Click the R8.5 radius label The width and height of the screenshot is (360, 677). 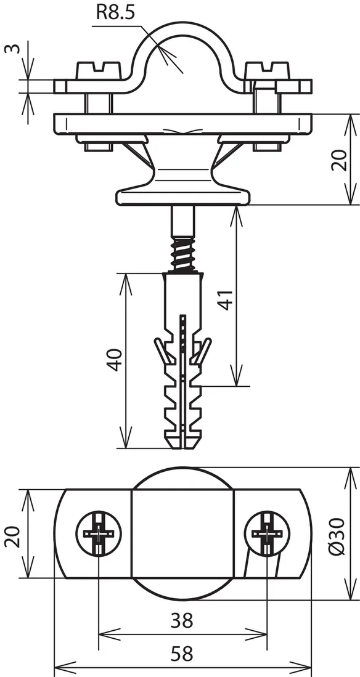(x=115, y=12)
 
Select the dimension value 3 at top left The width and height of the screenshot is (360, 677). (x=12, y=47)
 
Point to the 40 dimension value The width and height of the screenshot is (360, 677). (x=115, y=360)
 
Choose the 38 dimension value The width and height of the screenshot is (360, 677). (x=182, y=620)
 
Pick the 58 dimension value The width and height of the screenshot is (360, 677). (x=182, y=654)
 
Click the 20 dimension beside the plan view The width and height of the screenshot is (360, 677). (x=12, y=537)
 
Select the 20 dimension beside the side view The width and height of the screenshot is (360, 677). (x=340, y=160)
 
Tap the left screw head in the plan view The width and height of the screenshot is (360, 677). (x=99, y=533)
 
